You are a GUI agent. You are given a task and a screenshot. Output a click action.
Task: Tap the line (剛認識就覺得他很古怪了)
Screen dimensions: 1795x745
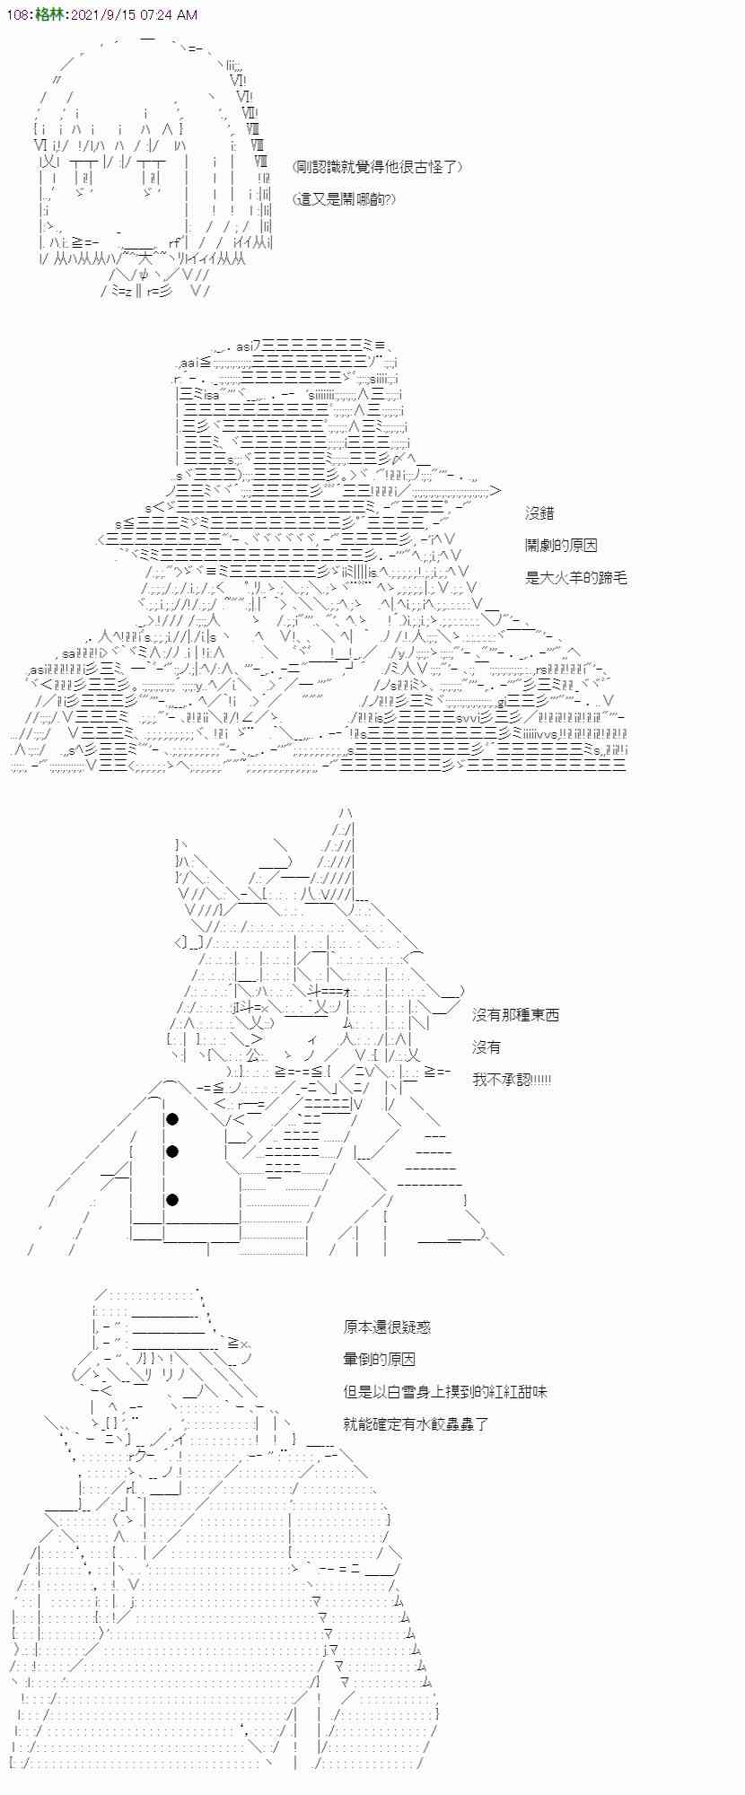point(378,167)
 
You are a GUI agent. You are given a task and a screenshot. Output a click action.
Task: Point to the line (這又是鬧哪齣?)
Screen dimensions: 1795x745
point(344,199)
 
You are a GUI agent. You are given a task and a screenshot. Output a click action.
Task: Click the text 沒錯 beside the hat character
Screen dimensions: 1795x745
point(539,513)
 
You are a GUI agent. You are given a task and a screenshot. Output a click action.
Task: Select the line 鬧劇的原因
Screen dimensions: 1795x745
point(561,546)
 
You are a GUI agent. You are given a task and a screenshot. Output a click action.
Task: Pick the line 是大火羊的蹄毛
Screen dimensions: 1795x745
point(575,578)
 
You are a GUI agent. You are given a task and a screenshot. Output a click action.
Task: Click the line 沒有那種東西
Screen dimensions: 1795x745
point(515,1015)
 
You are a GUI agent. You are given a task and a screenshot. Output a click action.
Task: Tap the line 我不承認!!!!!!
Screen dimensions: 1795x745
point(512,1080)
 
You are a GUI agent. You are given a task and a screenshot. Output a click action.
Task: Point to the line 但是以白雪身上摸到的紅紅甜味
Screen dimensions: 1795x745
point(444,1392)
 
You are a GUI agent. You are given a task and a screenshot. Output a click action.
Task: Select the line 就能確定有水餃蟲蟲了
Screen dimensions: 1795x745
point(416,1424)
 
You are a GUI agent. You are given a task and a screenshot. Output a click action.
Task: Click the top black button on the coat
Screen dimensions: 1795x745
point(171,1118)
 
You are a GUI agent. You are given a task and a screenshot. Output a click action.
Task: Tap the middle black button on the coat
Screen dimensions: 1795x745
point(171,1151)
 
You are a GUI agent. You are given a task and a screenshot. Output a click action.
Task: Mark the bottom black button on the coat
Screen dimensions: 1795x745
point(171,1200)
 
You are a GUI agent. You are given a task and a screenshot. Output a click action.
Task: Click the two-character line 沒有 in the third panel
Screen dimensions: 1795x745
point(486,1047)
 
